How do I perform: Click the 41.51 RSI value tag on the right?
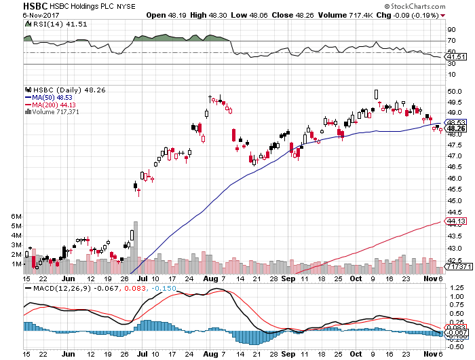coord(453,56)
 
